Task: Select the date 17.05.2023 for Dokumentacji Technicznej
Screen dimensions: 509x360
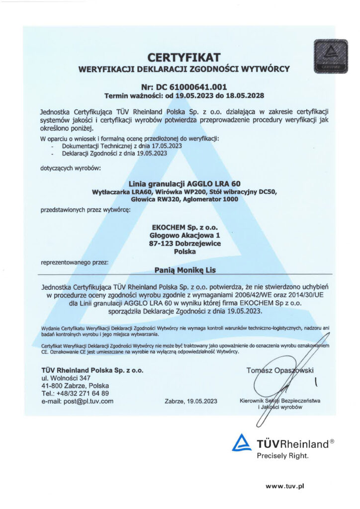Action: [164, 146]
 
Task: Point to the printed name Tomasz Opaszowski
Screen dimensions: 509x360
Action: [282, 370]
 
